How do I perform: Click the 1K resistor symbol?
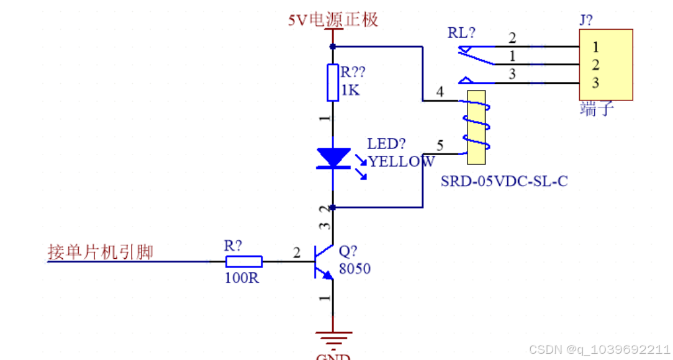point(333,83)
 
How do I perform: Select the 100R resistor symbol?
point(244,262)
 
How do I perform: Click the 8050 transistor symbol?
point(324,262)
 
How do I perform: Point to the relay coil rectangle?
point(476,127)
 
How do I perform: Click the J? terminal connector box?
point(606,65)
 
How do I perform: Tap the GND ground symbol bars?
point(333,338)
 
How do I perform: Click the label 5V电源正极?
point(333,20)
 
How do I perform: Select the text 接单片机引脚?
point(101,252)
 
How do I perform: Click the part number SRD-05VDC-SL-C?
point(504,181)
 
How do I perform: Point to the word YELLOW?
point(402,161)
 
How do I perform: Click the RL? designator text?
point(461,33)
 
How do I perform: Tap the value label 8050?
point(355,269)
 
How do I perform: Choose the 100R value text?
point(242,278)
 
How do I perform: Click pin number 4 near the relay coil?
point(440,91)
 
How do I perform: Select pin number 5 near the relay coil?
point(440,145)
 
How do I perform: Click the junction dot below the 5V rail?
point(333,47)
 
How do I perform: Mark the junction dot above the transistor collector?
point(333,208)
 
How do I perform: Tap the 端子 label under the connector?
point(597,109)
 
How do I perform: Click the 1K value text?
point(350,90)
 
